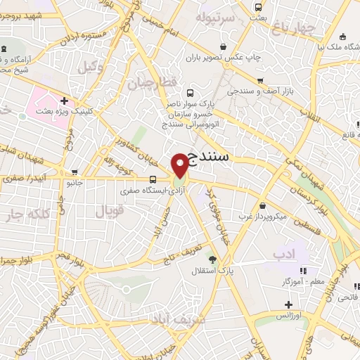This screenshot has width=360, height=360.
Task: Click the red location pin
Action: tap(181, 166)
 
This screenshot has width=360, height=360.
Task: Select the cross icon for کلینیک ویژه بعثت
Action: tap(64, 101)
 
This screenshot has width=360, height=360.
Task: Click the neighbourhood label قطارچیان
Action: tap(150, 82)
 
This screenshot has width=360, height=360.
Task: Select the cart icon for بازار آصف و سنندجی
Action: tap(261, 81)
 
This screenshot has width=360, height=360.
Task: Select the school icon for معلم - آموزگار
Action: tap(303, 270)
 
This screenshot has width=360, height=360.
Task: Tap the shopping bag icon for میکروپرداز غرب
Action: tap(262, 206)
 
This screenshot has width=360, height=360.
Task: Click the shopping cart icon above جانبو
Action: tap(75, 171)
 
